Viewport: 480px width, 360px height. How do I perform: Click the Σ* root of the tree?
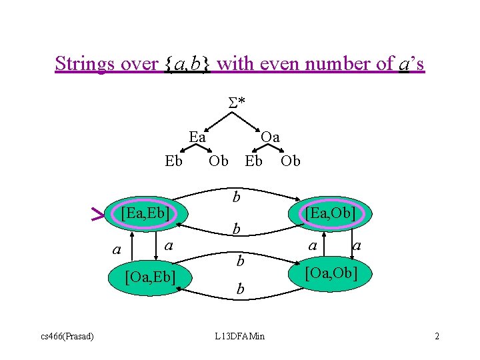coord(237,102)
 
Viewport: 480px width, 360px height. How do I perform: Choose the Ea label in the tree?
coord(197,137)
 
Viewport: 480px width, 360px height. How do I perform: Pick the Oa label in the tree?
coord(270,137)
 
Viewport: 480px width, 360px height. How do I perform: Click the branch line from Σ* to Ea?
coord(217,120)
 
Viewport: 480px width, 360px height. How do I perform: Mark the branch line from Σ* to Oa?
coord(251,120)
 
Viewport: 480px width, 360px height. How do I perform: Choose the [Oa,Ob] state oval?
coord(331,273)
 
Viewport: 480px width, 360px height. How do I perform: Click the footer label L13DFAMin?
coord(240,335)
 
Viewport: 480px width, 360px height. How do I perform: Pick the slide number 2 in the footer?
coord(437,335)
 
